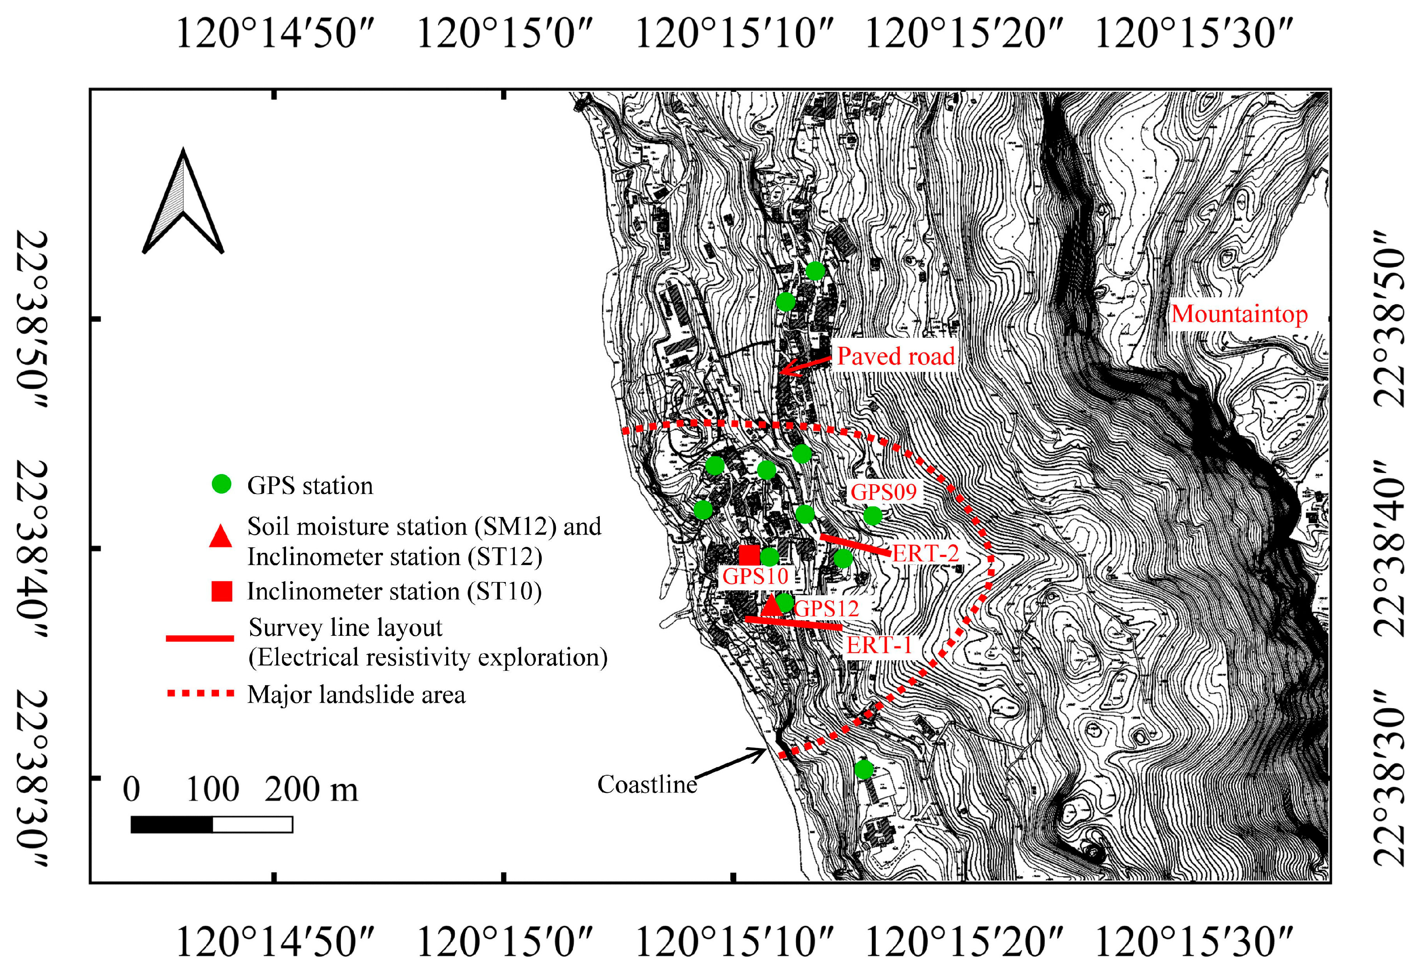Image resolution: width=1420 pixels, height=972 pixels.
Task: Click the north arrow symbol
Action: click(183, 205)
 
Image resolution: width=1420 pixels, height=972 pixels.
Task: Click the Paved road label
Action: click(895, 356)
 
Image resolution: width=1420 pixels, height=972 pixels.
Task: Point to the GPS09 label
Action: click(883, 492)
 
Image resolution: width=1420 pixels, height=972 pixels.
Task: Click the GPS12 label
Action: click(827, 609)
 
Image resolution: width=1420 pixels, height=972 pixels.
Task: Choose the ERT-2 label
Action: click(925, 554)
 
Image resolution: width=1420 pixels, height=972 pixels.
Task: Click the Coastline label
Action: click(646, 785)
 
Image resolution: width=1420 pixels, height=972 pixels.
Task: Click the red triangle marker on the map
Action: click(771, 605)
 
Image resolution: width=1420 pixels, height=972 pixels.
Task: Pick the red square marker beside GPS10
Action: click(749, 555)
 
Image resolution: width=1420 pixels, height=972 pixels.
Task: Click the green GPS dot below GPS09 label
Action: click(872, 516)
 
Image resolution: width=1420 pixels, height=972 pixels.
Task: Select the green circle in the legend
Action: click(221, 485)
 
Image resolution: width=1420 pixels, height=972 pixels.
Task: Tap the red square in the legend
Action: click(221, 591)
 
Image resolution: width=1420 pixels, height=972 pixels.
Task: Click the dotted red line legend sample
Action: click(200, 693)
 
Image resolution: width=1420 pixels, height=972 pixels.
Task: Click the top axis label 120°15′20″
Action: click(964, 34)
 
